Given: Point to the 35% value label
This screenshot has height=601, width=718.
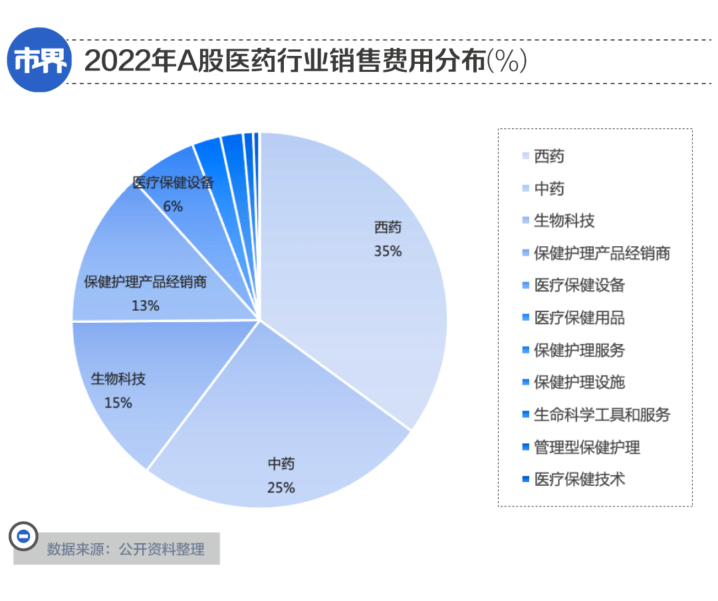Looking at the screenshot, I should pos(388,252).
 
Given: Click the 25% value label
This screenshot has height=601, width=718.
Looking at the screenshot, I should pos(281,487).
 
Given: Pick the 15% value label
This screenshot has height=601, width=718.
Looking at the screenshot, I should pos(118,403).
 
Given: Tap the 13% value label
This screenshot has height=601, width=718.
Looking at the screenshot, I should pos(146,305).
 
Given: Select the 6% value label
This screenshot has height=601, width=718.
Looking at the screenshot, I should pos(173,206).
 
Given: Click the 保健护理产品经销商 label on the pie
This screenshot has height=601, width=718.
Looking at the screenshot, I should pos(146,282).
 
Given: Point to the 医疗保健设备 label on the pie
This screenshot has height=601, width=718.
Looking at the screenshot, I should pos(173,183).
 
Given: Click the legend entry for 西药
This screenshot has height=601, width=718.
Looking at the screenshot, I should pos(548,156).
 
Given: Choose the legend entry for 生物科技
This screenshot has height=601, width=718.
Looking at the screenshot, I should pos(564,221).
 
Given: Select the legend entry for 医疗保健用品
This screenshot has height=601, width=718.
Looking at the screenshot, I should pos(579,318).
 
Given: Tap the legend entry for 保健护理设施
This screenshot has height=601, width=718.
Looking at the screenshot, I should pos(579,383).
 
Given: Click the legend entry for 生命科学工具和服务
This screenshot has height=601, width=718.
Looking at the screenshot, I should pos(602,415).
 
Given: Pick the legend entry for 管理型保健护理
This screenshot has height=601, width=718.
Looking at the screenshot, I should pos(586,447).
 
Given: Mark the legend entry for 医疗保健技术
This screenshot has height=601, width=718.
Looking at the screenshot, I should pos(579,479).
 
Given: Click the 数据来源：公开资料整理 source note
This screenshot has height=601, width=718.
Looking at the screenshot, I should pos(125,550).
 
